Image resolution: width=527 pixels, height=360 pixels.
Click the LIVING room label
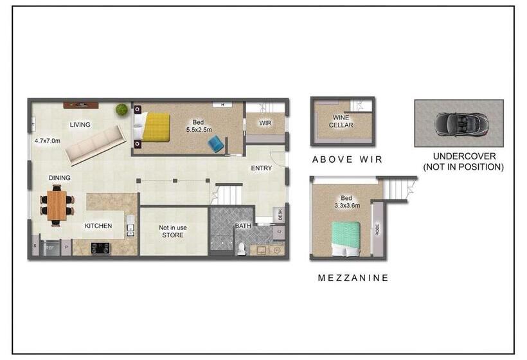(x=80, y=125)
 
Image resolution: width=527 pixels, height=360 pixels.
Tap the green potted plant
(x=121, y=110)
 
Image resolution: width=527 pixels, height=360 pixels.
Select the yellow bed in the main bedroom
(x=156, y=127)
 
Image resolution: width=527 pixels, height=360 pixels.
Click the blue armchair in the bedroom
(x=217, y=144)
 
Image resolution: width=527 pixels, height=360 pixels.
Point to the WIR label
(x=266, y=123)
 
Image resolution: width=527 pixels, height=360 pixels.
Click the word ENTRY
(x=262, y=168)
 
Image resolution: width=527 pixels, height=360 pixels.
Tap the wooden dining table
(x=57, y=204)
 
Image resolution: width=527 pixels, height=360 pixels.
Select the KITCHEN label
(x=98, y=226)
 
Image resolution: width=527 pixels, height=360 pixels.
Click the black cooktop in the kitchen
(x=100, y=248)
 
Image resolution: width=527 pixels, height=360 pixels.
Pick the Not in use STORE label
(x=172, y=231)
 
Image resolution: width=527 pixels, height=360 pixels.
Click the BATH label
(x=242, y=226)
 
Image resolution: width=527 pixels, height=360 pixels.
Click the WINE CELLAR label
(x=342, y=122)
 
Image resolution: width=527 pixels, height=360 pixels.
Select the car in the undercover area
(x=458, y=123)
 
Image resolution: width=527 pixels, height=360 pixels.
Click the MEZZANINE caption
(x=353, y=278)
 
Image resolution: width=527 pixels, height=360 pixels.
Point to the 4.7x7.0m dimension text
(x=51, y=139)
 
